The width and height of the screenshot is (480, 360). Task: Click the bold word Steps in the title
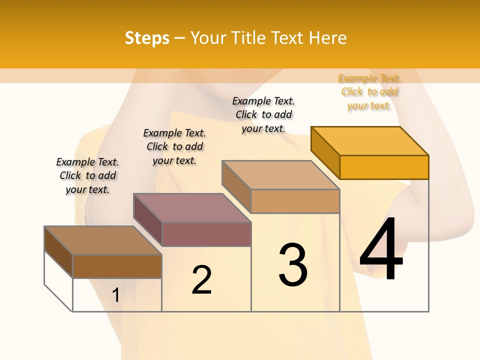tap(147, 38)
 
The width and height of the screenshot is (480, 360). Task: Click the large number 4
tap(381, 249)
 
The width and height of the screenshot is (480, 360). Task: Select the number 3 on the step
tap(293, 265)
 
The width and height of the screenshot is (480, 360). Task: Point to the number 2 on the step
tap(201, 280)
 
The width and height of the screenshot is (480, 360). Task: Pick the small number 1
tap(115, 295)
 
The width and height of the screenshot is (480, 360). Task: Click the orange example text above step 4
tap(369, 92)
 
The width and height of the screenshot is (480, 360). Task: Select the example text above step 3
tap(263, 114)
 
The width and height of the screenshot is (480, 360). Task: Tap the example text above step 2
tap(174, 146)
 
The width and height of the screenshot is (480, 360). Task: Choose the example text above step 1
tap(87, 175)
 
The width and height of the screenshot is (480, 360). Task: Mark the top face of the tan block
tap(280, 175)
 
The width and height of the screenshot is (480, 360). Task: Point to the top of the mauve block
tap(191, 207)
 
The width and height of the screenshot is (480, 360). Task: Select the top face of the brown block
tap(103, 240)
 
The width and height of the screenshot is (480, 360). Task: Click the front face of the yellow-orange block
tap(384, 167)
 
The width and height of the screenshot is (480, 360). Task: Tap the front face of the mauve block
tap(206, 234)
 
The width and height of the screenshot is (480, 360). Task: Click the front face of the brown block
tap(117, 266)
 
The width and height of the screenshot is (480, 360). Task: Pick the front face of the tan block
tap(295, 201)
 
